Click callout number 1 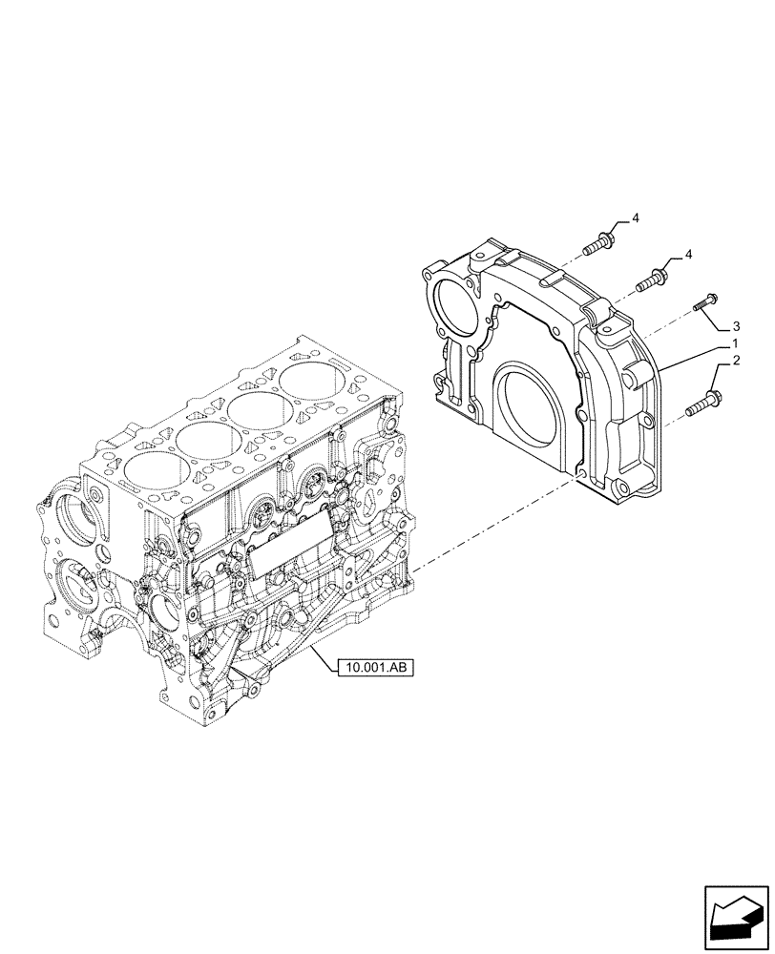coord(733,342)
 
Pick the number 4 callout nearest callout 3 coord(686,255)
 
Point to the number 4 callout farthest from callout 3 coord(635,219)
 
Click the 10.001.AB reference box coord(374,668)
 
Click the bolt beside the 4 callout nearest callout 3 coord(652,280)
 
